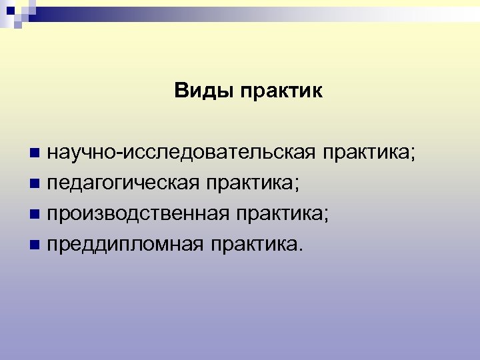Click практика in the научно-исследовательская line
click(x=369, y=153)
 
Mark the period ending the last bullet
click(x=299, y=252)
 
